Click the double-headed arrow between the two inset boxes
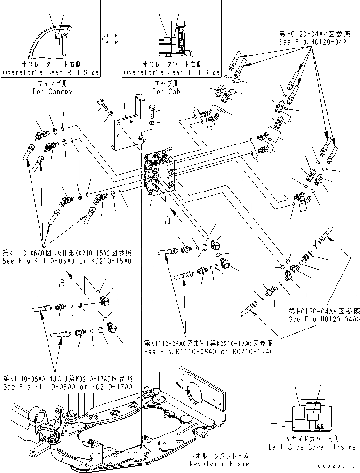coord(111,39)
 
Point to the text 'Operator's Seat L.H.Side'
coord(172,73)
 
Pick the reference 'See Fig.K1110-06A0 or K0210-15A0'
coord(67,261)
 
